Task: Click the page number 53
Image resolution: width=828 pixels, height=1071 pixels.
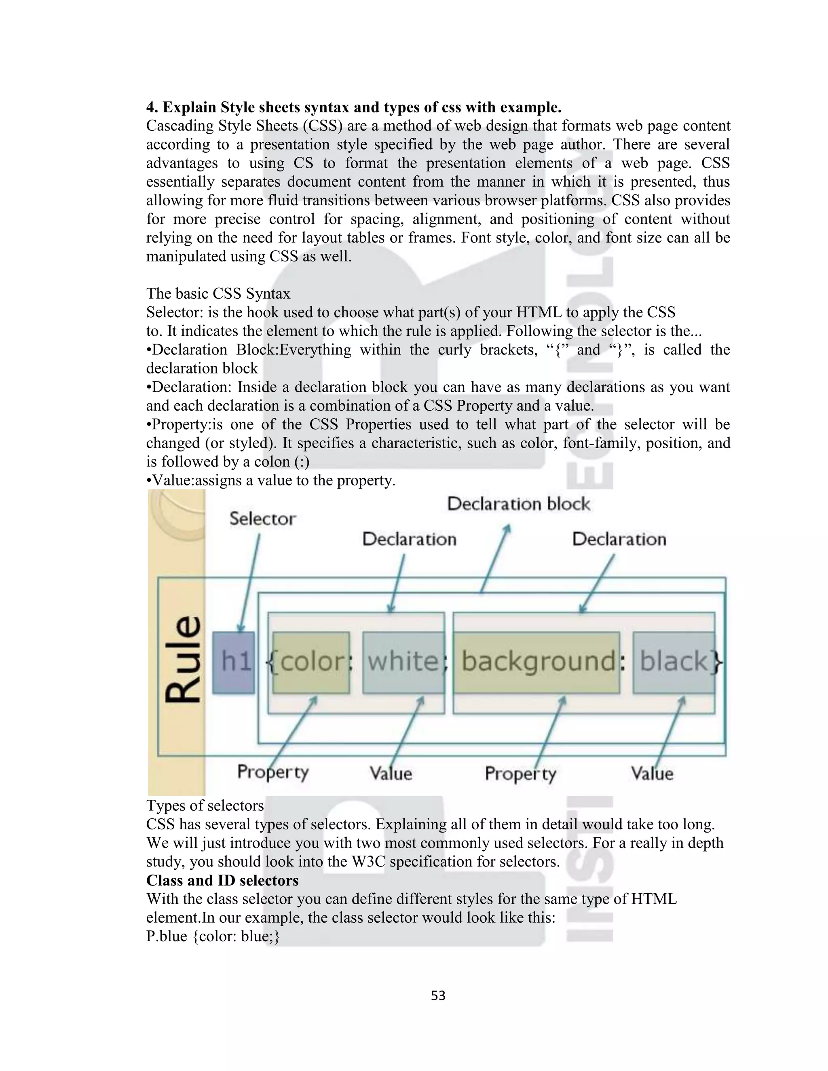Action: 438,995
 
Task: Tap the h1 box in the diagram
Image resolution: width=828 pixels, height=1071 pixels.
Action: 234,662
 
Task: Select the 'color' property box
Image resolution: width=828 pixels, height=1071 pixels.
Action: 311,662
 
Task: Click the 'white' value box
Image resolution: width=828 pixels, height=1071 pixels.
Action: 403,662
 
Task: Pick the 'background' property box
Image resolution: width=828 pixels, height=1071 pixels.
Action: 536,662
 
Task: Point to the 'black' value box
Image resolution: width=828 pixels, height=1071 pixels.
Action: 674,662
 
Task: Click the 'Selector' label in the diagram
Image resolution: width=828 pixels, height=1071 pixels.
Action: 262,519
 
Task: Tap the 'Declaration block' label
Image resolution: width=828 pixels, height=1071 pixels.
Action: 518,504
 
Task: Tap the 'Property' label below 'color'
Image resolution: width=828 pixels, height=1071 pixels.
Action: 273,772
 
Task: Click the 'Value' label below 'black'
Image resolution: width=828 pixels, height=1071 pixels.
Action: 652,774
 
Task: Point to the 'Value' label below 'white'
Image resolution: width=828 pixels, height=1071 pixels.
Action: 391,774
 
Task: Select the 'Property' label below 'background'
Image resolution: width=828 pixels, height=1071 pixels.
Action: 520,774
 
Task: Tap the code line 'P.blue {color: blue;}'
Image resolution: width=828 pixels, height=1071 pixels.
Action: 213,936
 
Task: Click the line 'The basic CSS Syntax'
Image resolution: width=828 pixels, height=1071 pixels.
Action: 218,294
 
